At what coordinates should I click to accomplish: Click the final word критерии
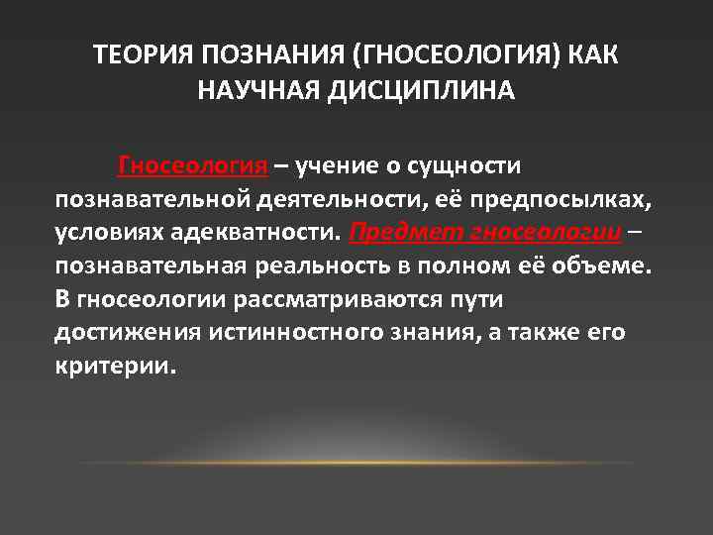(x=115, y=366)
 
